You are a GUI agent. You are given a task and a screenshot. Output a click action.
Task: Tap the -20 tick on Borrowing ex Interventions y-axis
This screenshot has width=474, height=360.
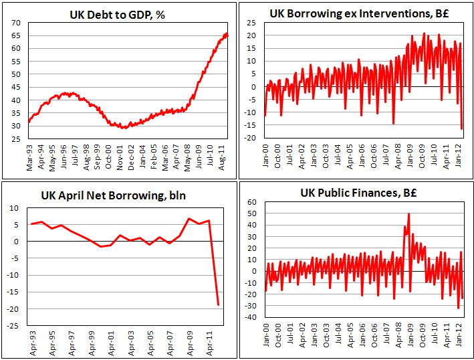pos(251,139)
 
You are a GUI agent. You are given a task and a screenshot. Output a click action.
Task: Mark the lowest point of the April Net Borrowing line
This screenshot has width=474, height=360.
pos(219,305)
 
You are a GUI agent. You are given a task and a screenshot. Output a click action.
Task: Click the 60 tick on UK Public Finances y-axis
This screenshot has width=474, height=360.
pos(253,202)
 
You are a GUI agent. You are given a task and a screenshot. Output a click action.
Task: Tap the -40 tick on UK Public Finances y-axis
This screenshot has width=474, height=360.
pos(251,317)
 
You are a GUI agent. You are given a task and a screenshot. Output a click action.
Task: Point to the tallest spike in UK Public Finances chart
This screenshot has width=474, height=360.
pos(408,214)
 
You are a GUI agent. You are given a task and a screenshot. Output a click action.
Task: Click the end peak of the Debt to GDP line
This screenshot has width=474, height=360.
pos(227,33)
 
